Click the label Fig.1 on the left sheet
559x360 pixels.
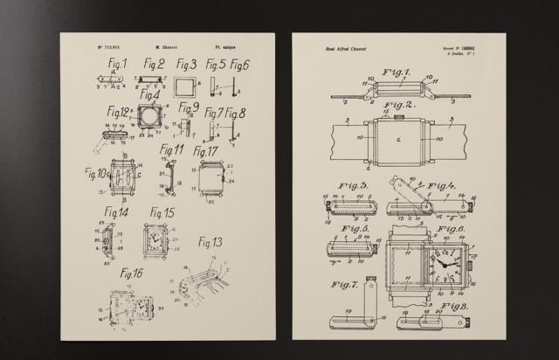pyautogui.click(x=117, y=64)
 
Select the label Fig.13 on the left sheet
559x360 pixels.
pyautogui.click(x=210, y=242)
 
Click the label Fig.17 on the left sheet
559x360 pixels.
pyautogui.click(x=206, y=152)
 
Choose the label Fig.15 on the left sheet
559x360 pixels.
pyautogui.click(x=162, y=212)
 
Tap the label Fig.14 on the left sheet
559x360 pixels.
pyautogui.click(x=117, y=212)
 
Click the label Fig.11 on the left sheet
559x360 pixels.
pyautogui.click(x=171, y=149)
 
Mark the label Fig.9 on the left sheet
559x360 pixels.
pyautogui.click(x=189, y=107)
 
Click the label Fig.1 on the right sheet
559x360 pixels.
pyautogui.click(x=397, y=72)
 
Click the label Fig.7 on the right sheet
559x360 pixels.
pyautogui.click(x=345, y=285)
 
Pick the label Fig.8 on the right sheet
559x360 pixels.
pyautogui.click(x=455, y=307)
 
